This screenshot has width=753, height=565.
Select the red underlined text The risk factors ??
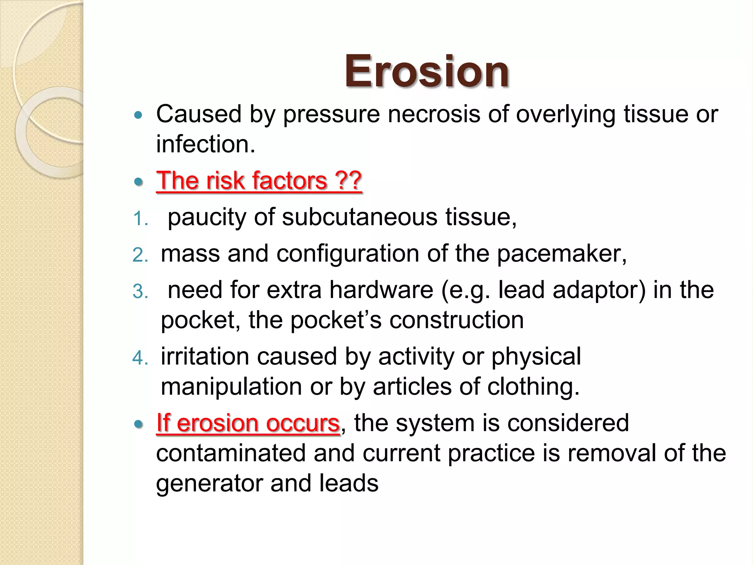point(259,181)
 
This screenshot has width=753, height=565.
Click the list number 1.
point(140,219)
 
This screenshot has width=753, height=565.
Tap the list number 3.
point(140,292)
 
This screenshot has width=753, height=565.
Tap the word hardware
point(381,290)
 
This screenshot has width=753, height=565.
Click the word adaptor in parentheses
point(599,290)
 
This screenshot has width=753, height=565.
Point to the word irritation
point(205,356)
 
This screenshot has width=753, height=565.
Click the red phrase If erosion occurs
point(248,423)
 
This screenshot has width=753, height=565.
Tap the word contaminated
point(231,453)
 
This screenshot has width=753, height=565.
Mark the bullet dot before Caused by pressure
point(138,115)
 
